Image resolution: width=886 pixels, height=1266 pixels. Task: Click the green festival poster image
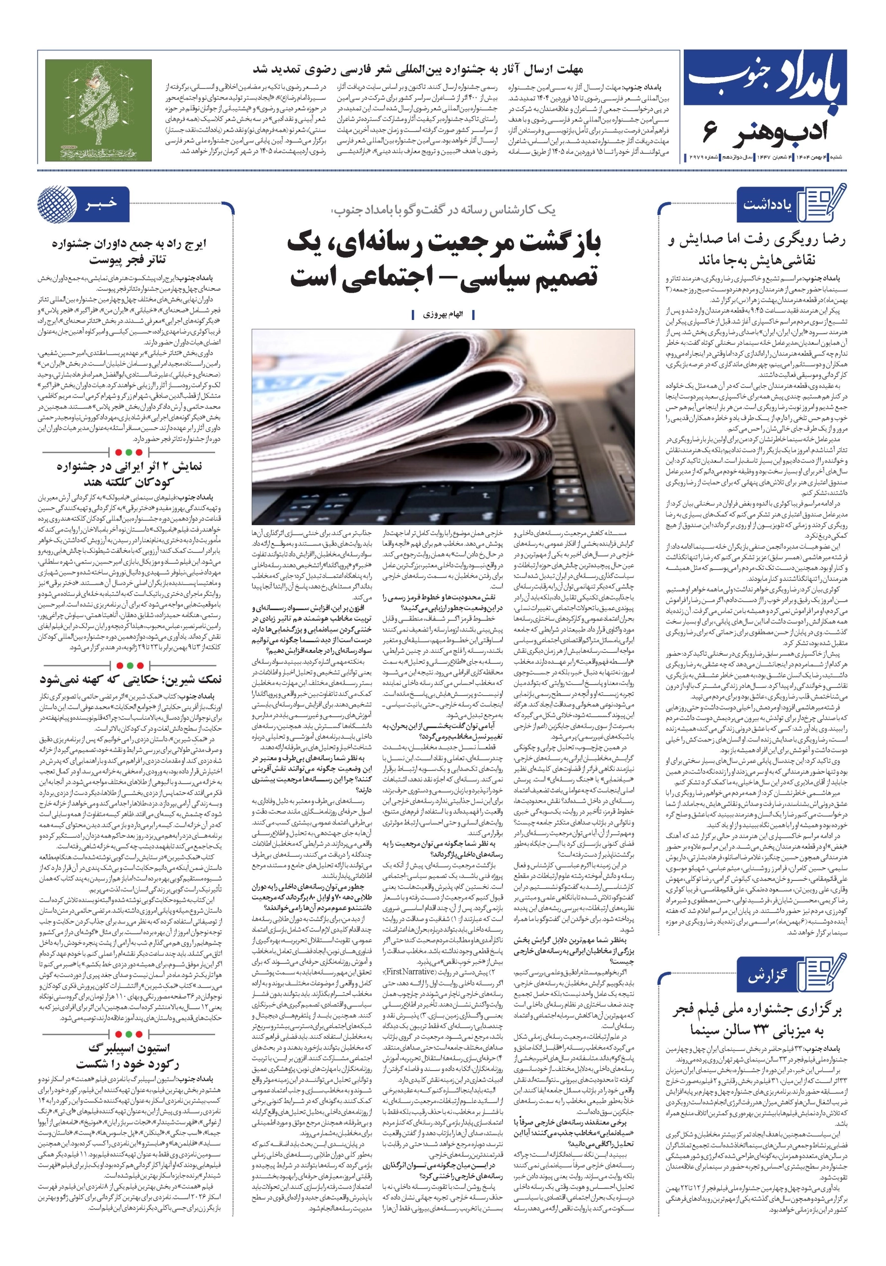[x=98, y=110]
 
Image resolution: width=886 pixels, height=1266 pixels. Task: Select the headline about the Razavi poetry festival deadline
[x=417, y=70]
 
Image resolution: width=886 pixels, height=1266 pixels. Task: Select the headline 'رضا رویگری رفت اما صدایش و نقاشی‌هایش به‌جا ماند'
[x=756, y=249]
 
